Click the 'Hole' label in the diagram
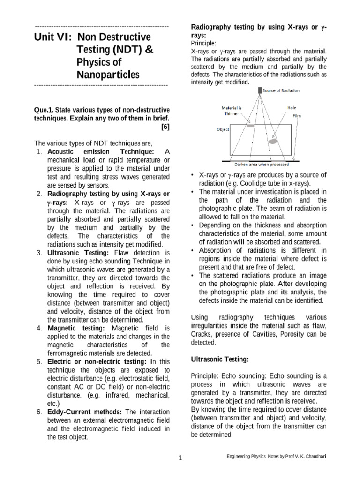(292, 107)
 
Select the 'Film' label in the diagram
(297, 115)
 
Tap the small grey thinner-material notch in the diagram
(251, 126)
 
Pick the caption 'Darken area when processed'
(262, 164)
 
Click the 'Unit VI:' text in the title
(52, 37)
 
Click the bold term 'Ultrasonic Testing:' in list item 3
(78, 253)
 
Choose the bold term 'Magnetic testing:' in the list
(76, 328)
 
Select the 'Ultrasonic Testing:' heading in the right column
(219, 359)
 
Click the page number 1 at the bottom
(180, 458)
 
